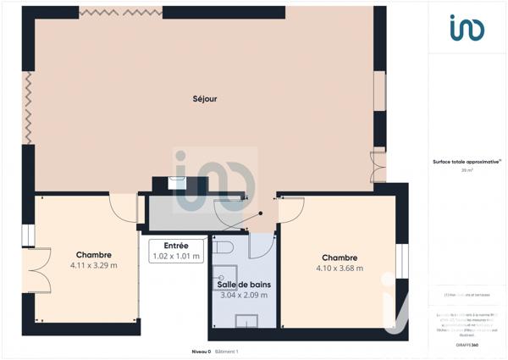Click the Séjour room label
[205, 99]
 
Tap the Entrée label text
[176, 245]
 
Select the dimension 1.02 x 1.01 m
[176, 256]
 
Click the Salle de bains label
[244, 285]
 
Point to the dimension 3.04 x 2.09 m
[244, 296]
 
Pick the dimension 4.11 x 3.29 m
[94, 265]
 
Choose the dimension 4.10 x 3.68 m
[339, 269]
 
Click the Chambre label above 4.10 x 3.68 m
[339, 258]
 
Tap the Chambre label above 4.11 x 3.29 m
[94, 254]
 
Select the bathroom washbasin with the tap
[225, 277]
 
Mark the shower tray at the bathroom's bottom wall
[246, 320]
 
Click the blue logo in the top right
[467, 28]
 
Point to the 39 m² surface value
[467, 170]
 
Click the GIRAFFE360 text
[467, 346]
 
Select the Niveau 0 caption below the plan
[202, 351]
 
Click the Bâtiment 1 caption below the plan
[227, 351]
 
